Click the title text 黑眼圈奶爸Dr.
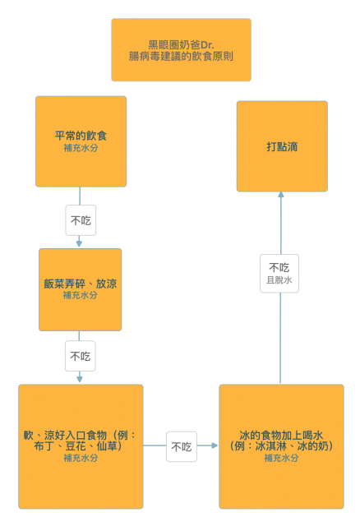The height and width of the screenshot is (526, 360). pos(181,44)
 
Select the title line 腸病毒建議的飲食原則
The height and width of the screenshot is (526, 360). pos(181,56)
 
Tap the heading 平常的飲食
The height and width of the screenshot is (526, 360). pos(81,136)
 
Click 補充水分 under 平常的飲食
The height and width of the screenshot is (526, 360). pos(81,148)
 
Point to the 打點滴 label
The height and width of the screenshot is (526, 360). pos(282,146)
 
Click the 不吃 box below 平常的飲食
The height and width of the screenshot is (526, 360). pos(81,220)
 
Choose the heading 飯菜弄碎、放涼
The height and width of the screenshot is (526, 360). pos(81,284)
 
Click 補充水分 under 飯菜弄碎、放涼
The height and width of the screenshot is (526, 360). pos(81,295)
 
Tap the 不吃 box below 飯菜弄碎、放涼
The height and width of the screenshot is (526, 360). pos(81,356)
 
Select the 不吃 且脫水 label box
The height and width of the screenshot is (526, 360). pos(279,274)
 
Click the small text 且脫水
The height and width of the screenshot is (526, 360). pos(279,280)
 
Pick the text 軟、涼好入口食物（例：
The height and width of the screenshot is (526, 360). pos(80,435)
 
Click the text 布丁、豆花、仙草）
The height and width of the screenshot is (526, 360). pos(79,446)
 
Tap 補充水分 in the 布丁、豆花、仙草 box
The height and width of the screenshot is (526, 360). pos(81,458)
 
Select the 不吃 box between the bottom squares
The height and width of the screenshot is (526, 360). pos(182,446)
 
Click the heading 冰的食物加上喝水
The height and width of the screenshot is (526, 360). pos(281,435)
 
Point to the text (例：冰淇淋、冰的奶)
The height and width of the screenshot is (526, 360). pos(281,446)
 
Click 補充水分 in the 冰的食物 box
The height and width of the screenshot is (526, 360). pos(281,458)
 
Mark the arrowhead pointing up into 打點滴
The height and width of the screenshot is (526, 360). pos(281,195)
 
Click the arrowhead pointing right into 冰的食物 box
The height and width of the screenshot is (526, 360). pos(215,445)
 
